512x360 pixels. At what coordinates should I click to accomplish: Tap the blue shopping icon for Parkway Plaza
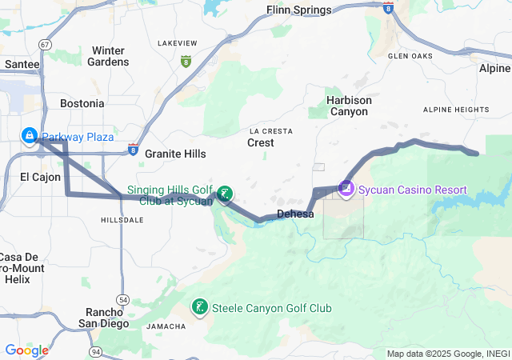[30, 136]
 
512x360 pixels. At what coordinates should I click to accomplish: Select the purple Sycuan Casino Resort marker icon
[346, 189]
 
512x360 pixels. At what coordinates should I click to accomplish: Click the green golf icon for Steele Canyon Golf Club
[198, 307]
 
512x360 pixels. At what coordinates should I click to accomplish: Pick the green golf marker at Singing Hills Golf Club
[226, 193]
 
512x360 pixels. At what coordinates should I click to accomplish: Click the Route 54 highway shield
[122, 276]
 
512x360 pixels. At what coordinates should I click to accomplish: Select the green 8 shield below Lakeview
[186, 61]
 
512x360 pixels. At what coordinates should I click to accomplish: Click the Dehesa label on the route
[294, 214]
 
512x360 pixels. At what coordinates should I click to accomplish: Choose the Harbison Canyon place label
[349, 106]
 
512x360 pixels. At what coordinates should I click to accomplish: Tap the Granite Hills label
[175, 154]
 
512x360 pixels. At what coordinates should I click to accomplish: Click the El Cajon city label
[40, 177]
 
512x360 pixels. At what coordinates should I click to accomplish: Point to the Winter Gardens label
[108, 56]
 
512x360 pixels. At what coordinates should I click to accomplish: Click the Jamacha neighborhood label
[166, 326]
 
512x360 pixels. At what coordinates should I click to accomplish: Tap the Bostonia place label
[82, 103]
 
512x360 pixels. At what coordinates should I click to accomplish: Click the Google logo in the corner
[26, 350]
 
